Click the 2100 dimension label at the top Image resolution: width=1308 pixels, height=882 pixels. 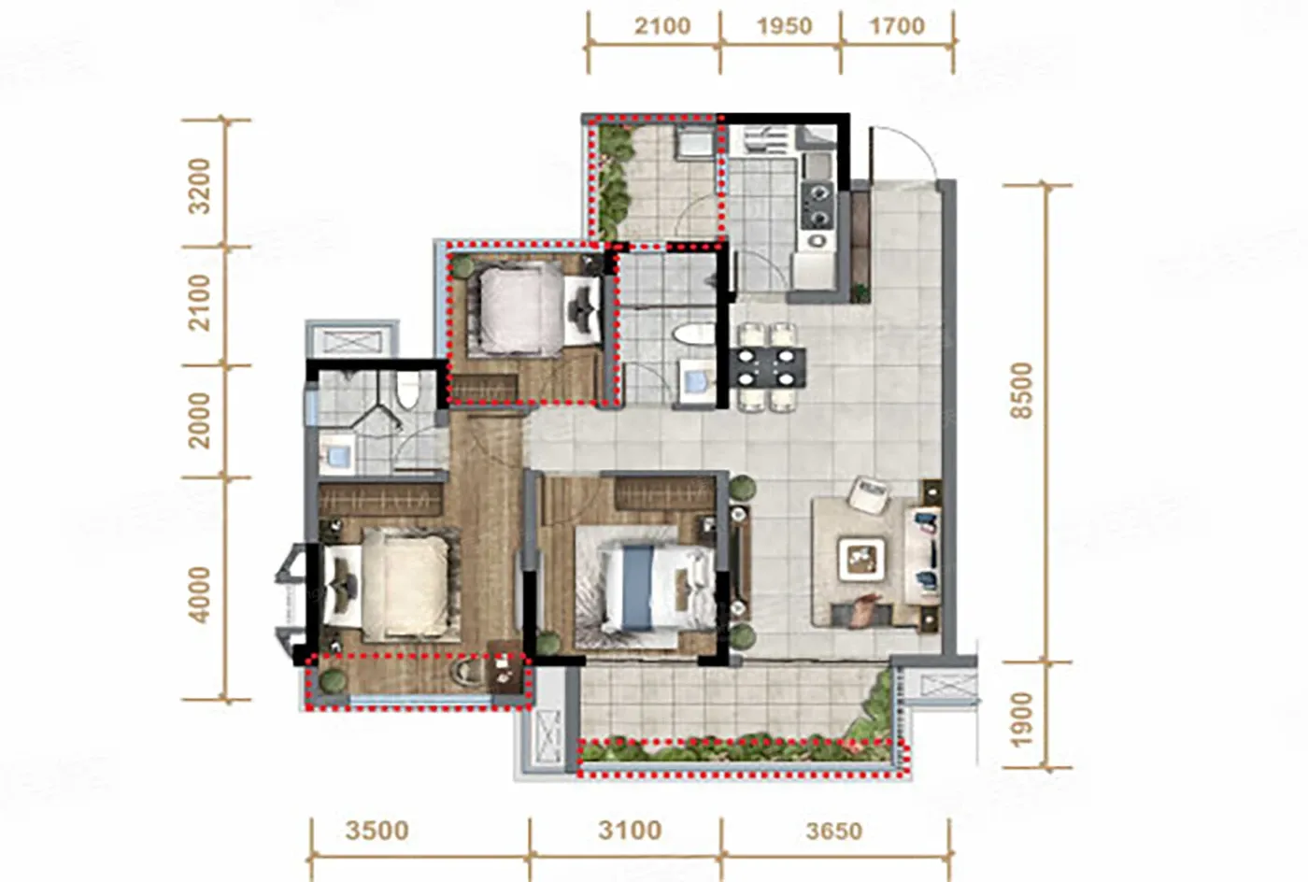pyautogui.click(x=662, y=26)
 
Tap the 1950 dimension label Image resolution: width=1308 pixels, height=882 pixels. pyautogui.click(x=784, y=26)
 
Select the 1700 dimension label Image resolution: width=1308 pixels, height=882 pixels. pyautogui.click(x=898, y=26)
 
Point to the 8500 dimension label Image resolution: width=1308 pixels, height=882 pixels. pyautogui.click(x=1022, y=391)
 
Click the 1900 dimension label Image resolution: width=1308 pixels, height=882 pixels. pyautogui.click(x=1022, y=720)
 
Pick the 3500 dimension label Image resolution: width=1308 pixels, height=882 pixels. pyautogui.click(x=377, y=831)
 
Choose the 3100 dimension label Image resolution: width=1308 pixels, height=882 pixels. pyautogui.click(x=630, y=830)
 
